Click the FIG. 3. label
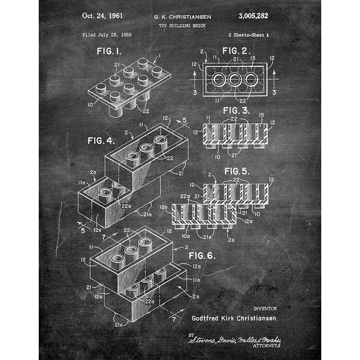click(x=237, y=110)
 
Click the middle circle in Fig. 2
click(x=236, y=80)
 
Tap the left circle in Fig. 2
click(x=219, y=80)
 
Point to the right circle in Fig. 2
click(x=251, y=80)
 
